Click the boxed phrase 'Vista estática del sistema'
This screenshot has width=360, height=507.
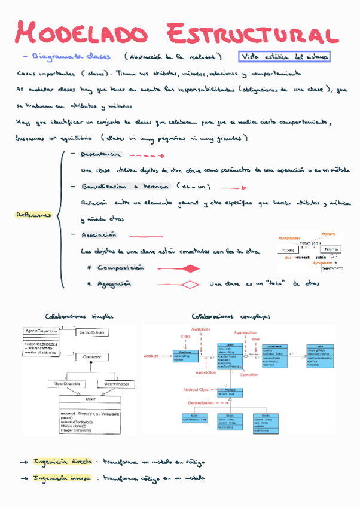285,57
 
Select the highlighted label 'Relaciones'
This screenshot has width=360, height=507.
33,215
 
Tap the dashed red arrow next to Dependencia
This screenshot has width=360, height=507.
146,155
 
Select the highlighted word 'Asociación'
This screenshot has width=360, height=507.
99,236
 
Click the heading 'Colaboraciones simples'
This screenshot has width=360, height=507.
79,316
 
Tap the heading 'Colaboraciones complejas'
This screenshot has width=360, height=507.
231,316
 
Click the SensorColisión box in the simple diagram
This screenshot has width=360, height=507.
91,332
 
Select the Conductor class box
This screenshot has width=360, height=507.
91,357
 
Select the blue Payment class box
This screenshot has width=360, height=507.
230,392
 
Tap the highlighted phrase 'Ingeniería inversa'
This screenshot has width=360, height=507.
62,478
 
